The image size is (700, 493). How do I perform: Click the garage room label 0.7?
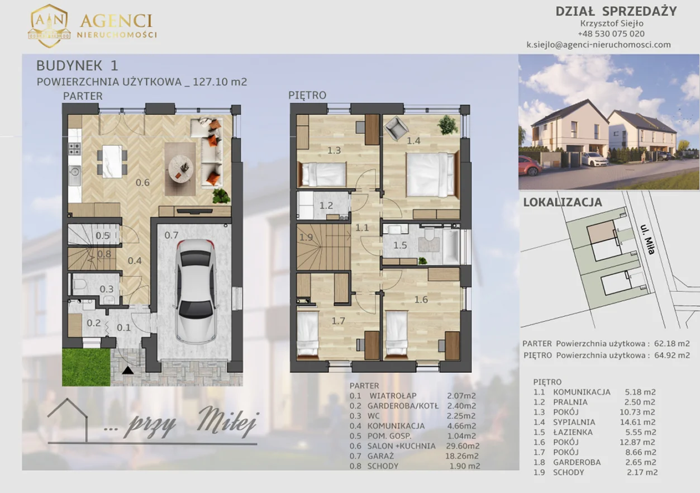pos(172,235)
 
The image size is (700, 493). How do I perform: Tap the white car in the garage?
pos(196,291)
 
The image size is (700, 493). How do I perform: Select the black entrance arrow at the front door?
pos(127,371)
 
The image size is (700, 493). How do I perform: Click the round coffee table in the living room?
pos(180,168)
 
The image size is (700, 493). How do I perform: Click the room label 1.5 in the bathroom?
pos(400,245)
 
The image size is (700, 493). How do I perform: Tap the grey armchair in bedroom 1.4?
pos(396,126)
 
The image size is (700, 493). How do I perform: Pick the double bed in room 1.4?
pos(431,174)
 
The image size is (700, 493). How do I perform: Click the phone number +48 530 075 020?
pos(611,34)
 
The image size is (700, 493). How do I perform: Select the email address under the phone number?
pos(599,45)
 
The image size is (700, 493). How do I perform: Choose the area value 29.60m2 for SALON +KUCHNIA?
pos(462,446)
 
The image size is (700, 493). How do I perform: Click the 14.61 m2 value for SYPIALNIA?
pos(637,422)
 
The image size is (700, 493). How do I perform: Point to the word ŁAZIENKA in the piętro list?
pos(573,432)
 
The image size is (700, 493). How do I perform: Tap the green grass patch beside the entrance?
pos(86,367)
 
